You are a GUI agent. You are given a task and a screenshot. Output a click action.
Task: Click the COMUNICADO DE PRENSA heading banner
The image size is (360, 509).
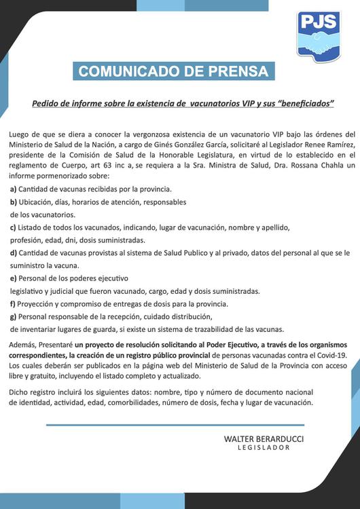pyautogui.click(x=173, y=71)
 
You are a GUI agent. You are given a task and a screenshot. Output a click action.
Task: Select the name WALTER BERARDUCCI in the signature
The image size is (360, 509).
pyautogui.click(x=264, y=438)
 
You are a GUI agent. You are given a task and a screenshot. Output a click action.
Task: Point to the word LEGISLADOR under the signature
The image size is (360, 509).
pyautogui.click(x=264, y=448)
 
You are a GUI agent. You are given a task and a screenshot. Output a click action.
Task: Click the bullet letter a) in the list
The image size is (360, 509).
pyautogui.click(x=13, y=189)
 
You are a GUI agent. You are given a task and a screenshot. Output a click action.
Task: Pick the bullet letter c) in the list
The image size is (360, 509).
pyautogui.click(x=13, y=227)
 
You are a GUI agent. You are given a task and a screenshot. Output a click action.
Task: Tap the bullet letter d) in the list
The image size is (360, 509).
pyautogui.click(x=13, y=253)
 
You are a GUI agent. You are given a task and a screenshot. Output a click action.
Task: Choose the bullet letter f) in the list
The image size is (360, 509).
pyautogui.click(x=12, y=304)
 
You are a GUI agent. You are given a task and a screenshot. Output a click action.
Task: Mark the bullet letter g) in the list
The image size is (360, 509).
pyautogui.click(x=13, y=317)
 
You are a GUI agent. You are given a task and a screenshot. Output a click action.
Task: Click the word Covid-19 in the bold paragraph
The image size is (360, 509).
pyautogui.click(x=331, y=355)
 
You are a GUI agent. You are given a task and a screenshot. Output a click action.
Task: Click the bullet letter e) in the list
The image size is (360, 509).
pyautogui.click(x=13, y=278)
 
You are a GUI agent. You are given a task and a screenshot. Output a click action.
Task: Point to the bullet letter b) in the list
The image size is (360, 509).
pyautogui.click(x=13, y=202)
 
